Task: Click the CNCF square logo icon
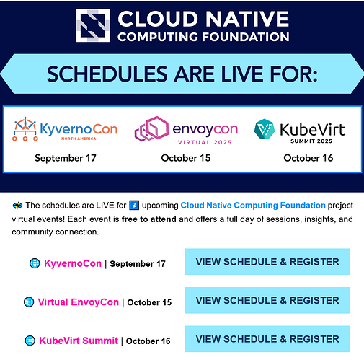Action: click(x=94, y=25)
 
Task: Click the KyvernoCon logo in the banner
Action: click(x=64, y=131)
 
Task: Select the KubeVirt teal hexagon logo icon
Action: click(x=265, y=130)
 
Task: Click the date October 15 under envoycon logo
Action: click(x=185, y=157)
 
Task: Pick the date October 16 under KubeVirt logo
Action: click(x=308, y=157)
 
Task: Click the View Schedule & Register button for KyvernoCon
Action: click(x=267, y=262)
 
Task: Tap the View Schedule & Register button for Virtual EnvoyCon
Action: click(x=267, y=300)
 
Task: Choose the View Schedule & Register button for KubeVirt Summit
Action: click(x=267, y=338)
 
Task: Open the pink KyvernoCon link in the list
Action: click(x=73, y=263)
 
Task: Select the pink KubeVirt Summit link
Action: click(x=79, y=341)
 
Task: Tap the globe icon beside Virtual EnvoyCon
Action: click(x=29, y=302)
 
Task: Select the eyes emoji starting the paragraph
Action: click(x=18, y=206)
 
